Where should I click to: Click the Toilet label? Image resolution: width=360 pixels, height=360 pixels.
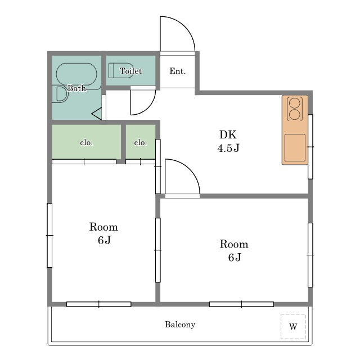130,71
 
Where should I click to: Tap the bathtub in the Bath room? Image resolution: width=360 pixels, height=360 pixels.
76,74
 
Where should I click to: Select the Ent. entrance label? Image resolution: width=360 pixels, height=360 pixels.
178,71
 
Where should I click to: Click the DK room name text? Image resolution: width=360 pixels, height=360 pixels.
228,134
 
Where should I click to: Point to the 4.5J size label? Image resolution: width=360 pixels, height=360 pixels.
228,148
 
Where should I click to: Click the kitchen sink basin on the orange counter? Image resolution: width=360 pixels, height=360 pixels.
295,147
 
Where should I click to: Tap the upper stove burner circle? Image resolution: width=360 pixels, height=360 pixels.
295,102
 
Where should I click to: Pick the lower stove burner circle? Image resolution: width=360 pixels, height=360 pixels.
295,114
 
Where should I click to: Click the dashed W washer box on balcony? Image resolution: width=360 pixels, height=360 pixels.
293,326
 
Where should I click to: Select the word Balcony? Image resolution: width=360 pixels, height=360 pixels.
180,325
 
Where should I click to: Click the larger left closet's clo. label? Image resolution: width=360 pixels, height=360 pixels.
86,142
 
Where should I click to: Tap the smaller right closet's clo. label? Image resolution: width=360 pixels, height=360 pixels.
140,142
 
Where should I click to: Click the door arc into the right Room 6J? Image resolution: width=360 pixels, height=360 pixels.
190,169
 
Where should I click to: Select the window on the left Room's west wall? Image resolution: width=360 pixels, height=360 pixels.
49,235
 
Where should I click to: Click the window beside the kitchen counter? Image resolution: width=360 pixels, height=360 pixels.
310,146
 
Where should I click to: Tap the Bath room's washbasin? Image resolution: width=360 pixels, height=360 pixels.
60,94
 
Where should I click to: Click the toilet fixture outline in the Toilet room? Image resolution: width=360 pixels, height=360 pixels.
121,70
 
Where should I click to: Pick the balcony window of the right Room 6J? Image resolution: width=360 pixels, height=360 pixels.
241,304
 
